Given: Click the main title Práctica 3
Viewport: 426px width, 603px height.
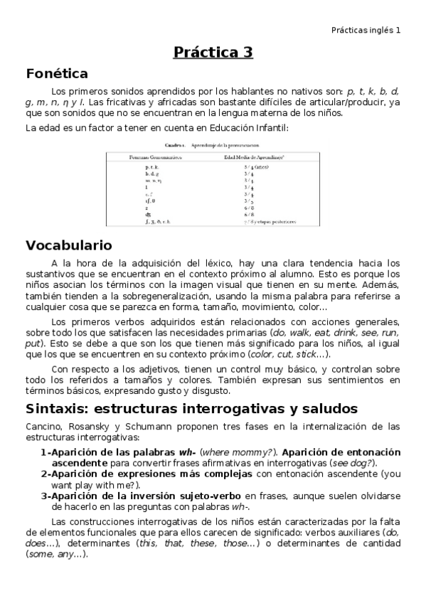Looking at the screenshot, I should click(x=213, y=52).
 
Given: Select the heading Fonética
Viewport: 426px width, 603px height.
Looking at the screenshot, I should click(x=57, y=73).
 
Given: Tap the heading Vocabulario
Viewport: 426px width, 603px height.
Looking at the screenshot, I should click(x=69, y=245).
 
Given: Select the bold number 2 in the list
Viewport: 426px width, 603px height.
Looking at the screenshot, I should click(x=43, y=474).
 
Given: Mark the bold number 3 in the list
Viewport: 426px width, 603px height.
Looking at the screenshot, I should click(x=43, y=495).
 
